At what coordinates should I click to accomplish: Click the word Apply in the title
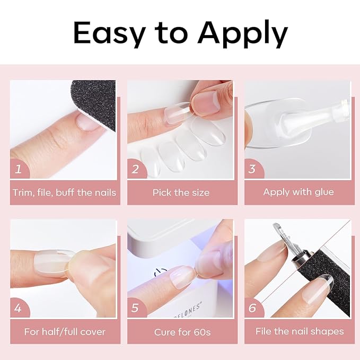(243, 34)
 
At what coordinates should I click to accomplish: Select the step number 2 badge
(136, 169)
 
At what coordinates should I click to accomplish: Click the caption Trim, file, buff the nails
(64, 192)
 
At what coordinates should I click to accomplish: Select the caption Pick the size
(181, 192)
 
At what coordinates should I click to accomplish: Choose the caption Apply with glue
(298, 192)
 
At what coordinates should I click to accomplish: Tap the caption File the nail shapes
(299, 332)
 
